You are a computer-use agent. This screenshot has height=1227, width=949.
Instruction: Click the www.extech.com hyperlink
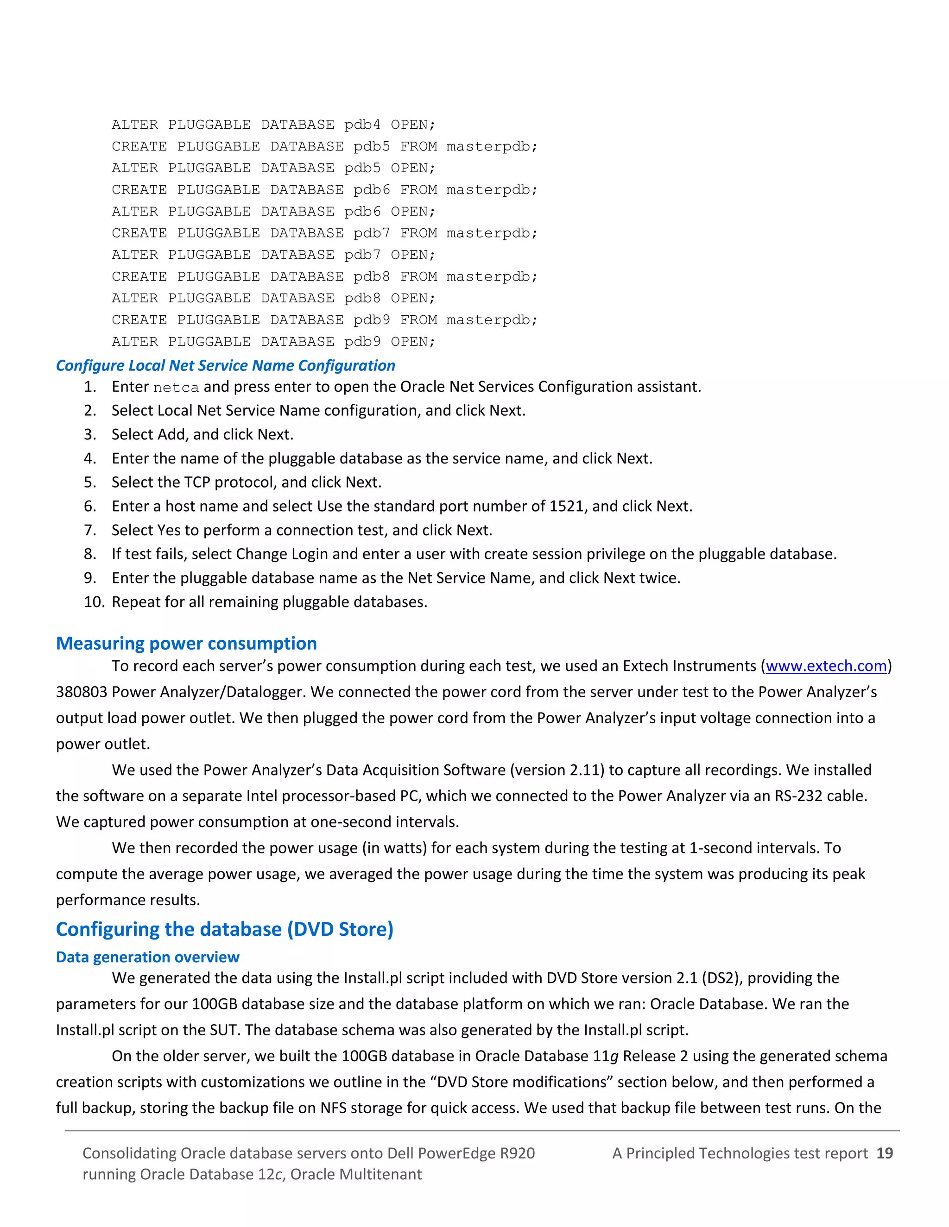pos(826,666)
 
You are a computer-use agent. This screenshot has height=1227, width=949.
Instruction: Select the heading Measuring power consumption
pos(186,643)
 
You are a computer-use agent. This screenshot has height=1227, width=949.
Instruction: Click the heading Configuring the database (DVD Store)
pos(224,929)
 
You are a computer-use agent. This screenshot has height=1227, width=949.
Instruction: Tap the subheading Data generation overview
pos(147,957)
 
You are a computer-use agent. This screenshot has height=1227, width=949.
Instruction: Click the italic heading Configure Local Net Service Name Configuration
pos(226,366)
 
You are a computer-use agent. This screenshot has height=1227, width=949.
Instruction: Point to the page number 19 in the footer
pos(884,1153)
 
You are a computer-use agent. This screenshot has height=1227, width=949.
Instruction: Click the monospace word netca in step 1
pos(176,388)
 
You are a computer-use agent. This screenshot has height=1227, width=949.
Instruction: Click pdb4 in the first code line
pos(362,124)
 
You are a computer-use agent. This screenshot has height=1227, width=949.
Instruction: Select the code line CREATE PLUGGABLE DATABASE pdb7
pos(324,233)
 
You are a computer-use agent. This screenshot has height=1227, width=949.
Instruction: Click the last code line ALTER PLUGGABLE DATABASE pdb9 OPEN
pos(273,342)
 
